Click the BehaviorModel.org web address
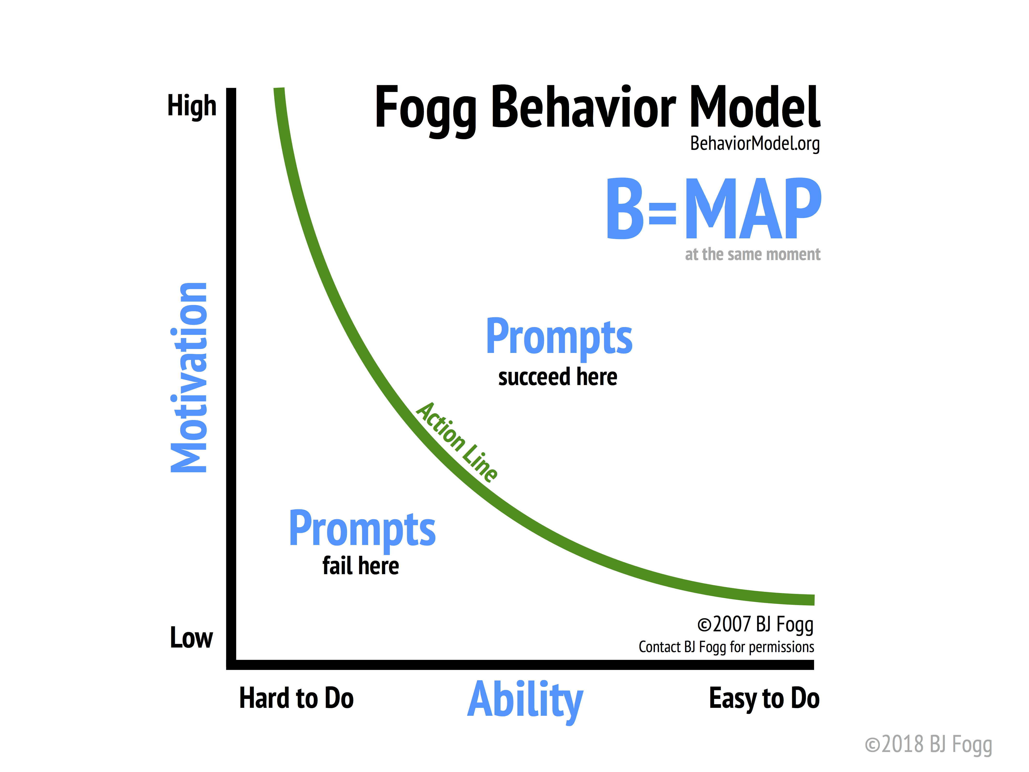point(755,143)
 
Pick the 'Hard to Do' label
point(296,698)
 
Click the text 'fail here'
point(361,566)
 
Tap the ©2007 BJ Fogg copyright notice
point(755,625)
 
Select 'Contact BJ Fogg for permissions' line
point(726,647)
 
